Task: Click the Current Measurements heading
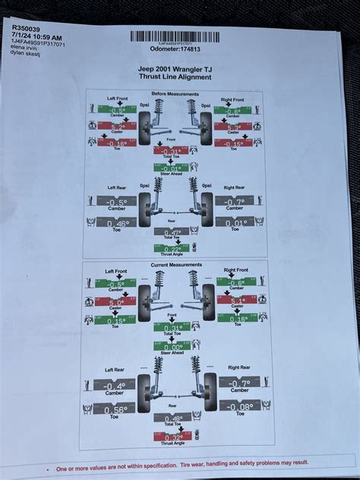coord(175,265)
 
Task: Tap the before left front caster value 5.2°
coord(117,126)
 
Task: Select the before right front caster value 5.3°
coord(232,126)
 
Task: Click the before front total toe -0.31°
coord(174,151)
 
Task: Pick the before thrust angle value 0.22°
coord(174,248)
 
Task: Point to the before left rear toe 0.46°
coord(117,223)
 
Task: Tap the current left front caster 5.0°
coord(116,302)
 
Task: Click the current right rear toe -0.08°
coord(238,406)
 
